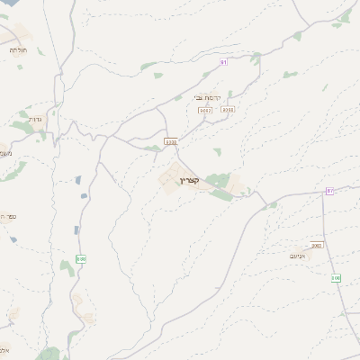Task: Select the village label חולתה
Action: [19, 50]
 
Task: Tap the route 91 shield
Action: [224, 62]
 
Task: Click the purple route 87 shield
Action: [330, 191]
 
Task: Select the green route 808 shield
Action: [336, 277]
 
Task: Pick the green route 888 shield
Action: [81, 259]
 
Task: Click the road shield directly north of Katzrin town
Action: [171, 141]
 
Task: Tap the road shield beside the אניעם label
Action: [317, 245]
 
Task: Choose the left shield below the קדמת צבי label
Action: [205, 109]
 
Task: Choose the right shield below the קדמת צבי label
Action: [229, 109]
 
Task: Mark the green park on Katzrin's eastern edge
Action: [218, 181]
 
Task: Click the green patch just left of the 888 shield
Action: [66, 265]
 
